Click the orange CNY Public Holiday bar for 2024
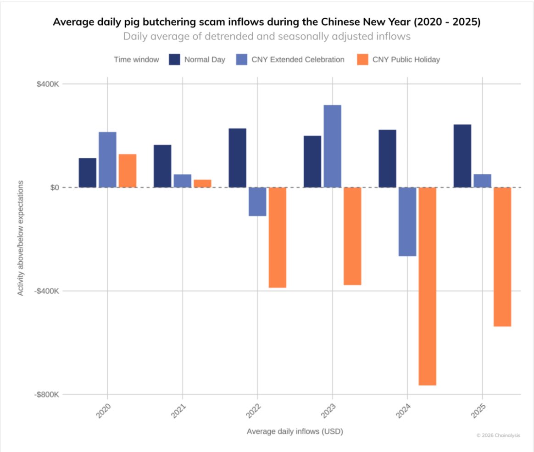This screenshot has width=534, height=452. pos(427,286)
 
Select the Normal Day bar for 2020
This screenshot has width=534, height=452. pos(88,173)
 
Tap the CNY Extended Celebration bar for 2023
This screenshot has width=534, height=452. pos(332,146)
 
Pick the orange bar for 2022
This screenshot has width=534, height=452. pos(278,237)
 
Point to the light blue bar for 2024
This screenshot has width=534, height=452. pos(407,221)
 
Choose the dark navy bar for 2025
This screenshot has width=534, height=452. pos(462,156)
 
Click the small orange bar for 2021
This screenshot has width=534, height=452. pos(202,183)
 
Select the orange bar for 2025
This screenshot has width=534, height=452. pos(502,257)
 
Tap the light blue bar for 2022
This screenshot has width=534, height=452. pos(257,202)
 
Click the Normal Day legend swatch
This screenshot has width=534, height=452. pos(174,60)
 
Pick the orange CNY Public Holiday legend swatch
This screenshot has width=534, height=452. pos(362,60)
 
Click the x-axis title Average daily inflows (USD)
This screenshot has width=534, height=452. pos(295,431)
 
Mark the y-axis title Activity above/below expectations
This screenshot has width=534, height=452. pos(21,237)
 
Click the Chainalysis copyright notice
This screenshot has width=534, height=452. pos(498,435)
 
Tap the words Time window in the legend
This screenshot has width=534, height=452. pos(137,60)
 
